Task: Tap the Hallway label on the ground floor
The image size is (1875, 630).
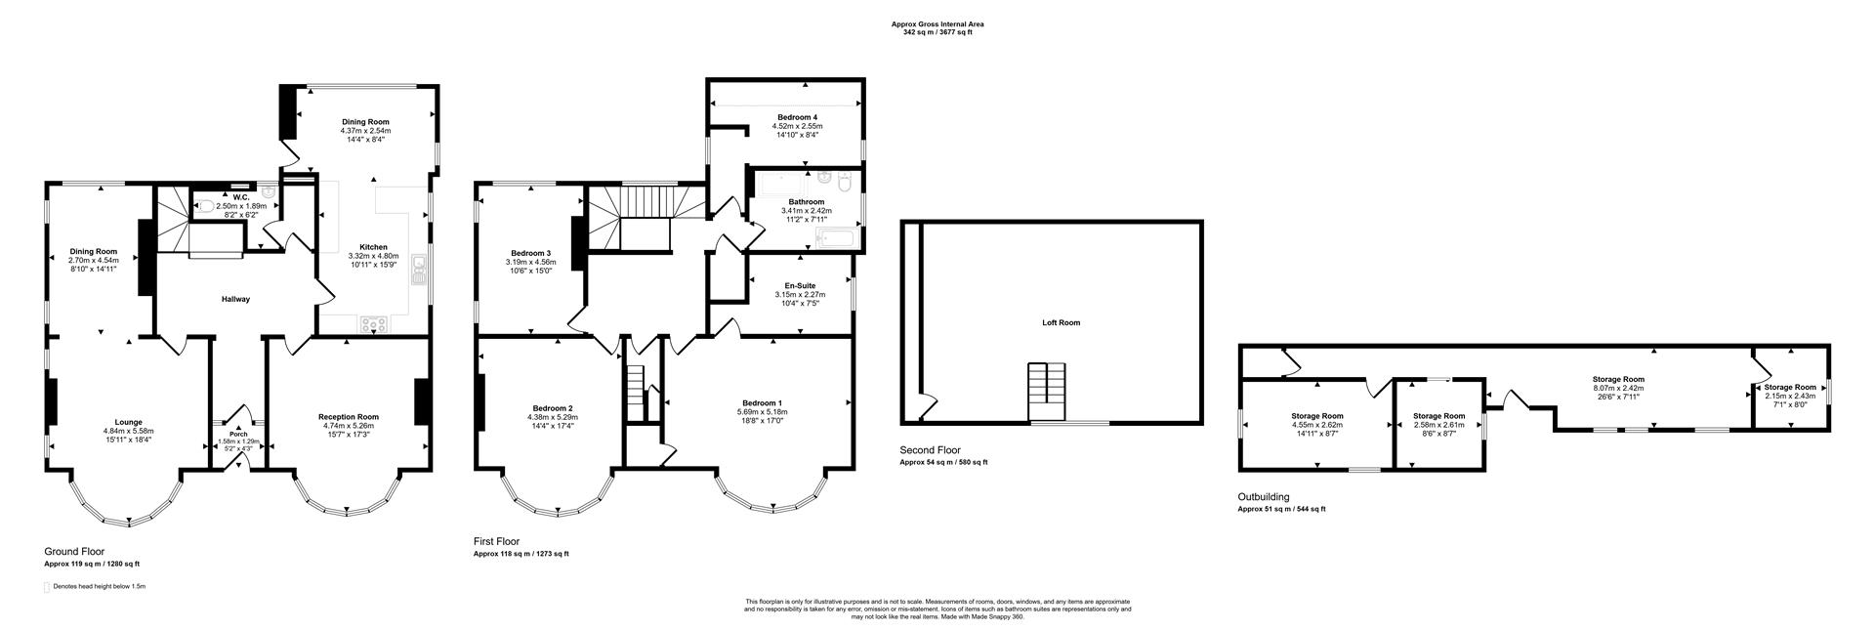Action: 235,299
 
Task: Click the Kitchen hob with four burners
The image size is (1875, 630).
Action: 374,323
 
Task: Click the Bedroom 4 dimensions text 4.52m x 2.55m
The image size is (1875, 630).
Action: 798,126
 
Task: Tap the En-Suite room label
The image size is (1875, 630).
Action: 799,285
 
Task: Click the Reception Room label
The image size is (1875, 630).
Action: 349,416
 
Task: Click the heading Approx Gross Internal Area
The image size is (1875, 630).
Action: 937,24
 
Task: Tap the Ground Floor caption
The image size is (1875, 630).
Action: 74,552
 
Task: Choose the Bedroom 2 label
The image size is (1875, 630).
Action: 553,408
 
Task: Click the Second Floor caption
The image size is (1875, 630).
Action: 930,450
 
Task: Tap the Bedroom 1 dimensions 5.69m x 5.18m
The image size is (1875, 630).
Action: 764,411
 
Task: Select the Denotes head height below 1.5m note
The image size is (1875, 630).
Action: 100,586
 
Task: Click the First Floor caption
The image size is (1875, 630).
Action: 496,541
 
